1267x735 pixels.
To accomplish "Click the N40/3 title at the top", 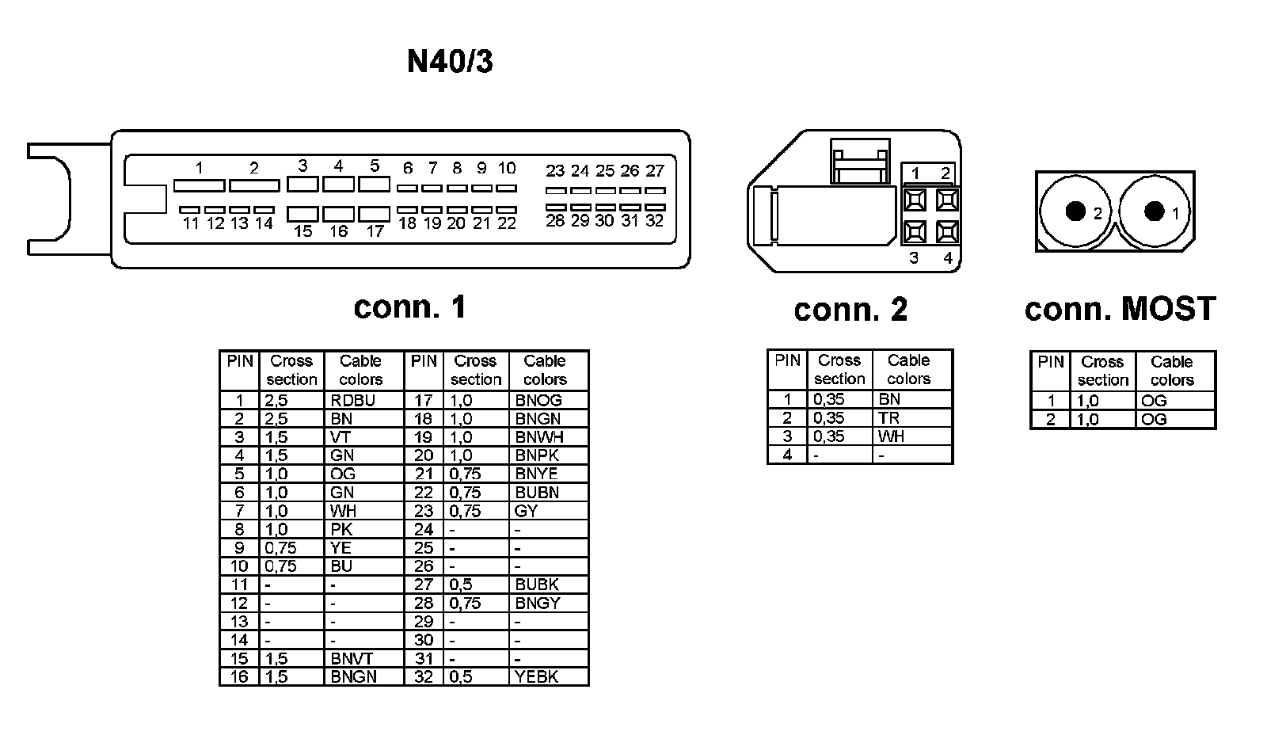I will click(x=450, y=61).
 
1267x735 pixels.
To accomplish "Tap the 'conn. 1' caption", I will click(x=409, y=307).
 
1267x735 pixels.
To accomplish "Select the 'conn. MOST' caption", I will click(x=1120, y=309).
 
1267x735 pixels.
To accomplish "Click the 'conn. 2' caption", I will click(x=850, y=310).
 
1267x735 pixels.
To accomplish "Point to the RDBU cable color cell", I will click(x=352, y=401).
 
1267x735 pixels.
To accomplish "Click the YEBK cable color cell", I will click(x=537, y=677).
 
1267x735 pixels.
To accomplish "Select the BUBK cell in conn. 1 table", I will click(x=537, y=585).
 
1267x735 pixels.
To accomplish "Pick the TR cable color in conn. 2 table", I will click(x=888, y=418).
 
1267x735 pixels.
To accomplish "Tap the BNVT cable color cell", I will click(x=352, y=659).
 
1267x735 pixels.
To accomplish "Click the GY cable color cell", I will click(x=527, y=511).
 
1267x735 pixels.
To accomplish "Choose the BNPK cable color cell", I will click(x=537, y=455).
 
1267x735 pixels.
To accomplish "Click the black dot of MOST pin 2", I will click(x=1075, y=211).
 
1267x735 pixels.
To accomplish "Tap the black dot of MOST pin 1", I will click(x=1155, y=211).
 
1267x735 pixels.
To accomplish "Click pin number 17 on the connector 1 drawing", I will click(x=375, y=231).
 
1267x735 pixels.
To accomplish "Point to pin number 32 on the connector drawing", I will click(x=654, y=221).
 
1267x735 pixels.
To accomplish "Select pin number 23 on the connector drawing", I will click(x=555, y=171).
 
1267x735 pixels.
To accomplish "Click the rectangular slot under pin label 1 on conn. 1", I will click(x=199, y=185).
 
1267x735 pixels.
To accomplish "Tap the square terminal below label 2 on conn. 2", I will click(x=947, y=199).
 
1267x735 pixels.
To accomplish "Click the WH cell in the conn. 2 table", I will click(x=891, y=436).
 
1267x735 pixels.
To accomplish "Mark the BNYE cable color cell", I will click(x=536, y=474).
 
